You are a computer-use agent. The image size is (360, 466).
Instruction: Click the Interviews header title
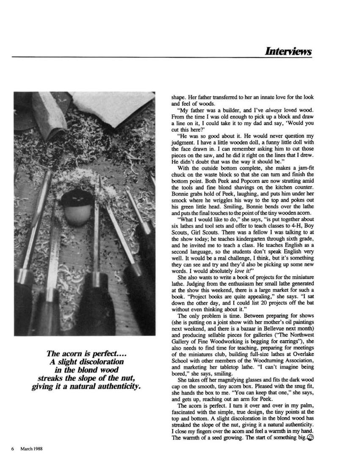pos(288,51)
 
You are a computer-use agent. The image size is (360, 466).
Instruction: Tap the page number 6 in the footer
pos(12,449)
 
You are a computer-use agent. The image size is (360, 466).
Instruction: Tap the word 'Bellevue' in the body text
pos(271,328)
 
